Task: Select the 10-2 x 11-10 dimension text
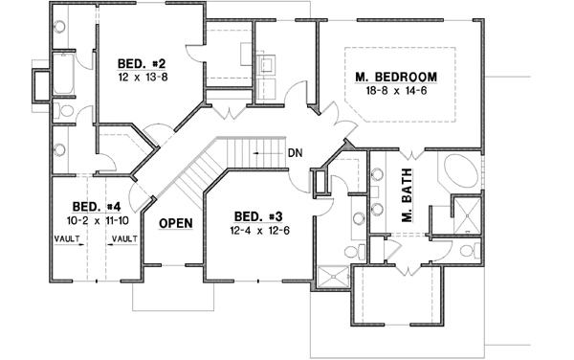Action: point(96,221)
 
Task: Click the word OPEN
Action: point(175,223)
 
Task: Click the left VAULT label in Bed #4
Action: point(67,237)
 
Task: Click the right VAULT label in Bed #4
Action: point(121,237)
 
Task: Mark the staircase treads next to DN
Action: point(230,152)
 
